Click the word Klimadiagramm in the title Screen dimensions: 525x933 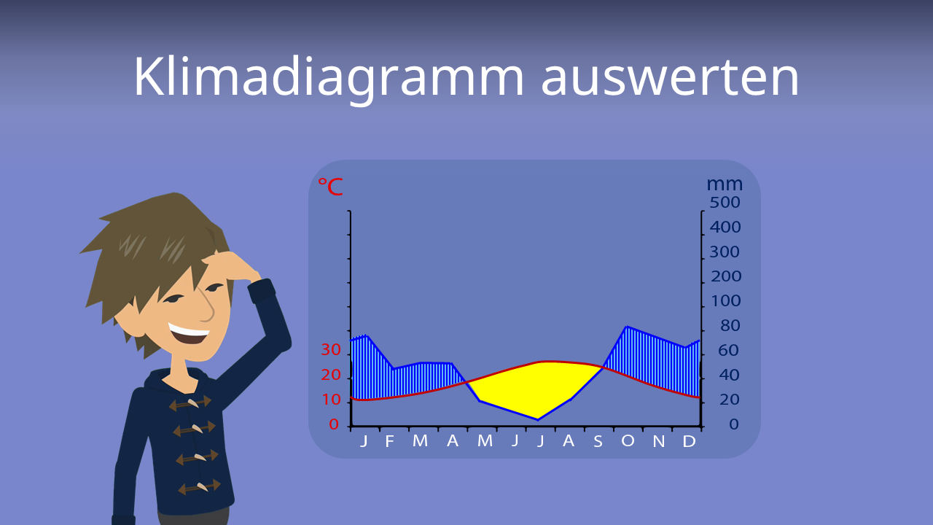click(328, 77)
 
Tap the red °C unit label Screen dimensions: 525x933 click(329, 187)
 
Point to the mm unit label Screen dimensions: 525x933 click(724, 184)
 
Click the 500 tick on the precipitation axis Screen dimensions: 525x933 click(725, 202)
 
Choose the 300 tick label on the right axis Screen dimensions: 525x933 click(725, 252)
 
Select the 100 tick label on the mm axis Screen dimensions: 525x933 click(725, 300)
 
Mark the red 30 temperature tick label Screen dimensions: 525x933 click(331, 350)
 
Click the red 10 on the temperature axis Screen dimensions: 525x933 click(331, 400)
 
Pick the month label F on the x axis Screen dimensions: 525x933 click(389, 441)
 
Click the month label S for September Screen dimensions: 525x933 click(598, 441)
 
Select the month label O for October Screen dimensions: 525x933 click(628, 441)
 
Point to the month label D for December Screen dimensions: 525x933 click(688, 441)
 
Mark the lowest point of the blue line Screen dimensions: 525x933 click(538, 419)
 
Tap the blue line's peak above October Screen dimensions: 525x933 click(627, 327)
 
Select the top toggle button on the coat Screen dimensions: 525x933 click(190, 402)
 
